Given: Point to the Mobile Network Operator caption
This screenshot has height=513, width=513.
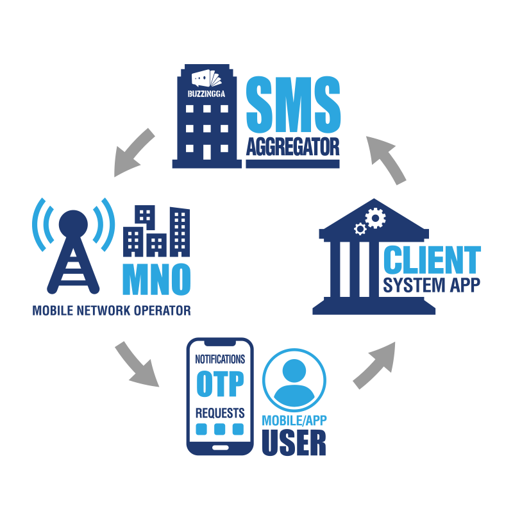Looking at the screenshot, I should tap(112, 311).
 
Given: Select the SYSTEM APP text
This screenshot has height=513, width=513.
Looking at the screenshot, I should tap(431, 285).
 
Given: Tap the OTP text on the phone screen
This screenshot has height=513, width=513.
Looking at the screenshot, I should tap(219, 384).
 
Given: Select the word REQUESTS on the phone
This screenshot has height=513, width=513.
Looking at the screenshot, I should tap(219, 411).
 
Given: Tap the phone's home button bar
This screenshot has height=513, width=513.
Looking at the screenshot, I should tap(219, 446).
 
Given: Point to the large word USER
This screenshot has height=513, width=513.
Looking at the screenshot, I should tap(294, 443).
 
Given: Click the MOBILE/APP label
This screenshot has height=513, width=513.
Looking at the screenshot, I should tap(294, 421).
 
